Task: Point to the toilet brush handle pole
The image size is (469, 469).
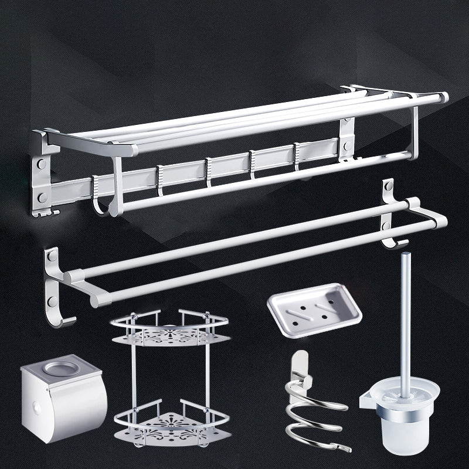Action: (403, 311)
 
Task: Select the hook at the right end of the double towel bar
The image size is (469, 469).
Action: (399, 243)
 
